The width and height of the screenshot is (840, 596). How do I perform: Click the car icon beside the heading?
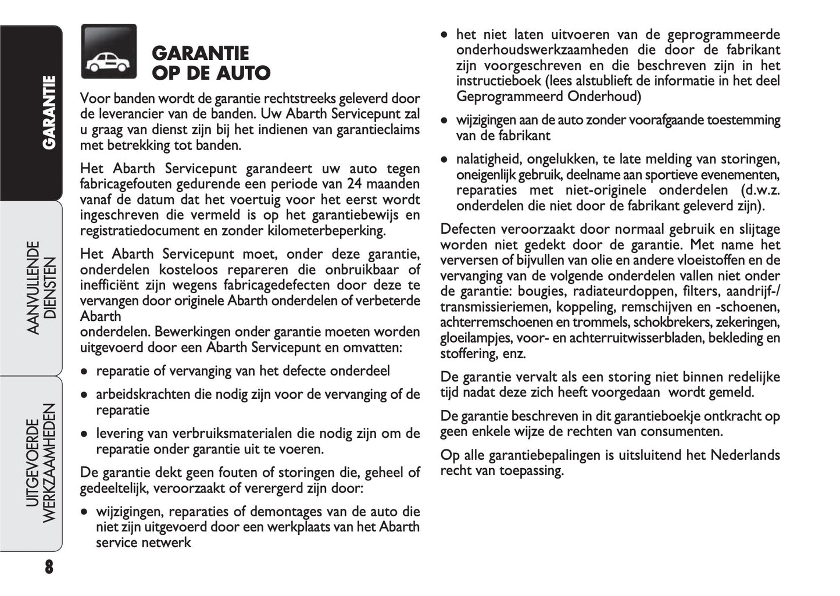coord(109,52)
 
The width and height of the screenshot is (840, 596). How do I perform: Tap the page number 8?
coord(48,567)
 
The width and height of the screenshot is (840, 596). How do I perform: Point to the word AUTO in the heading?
coord(243,73)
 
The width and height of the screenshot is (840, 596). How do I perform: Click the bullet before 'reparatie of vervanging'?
coord(85,372)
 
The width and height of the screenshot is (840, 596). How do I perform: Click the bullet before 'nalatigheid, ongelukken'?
coord(445,159)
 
